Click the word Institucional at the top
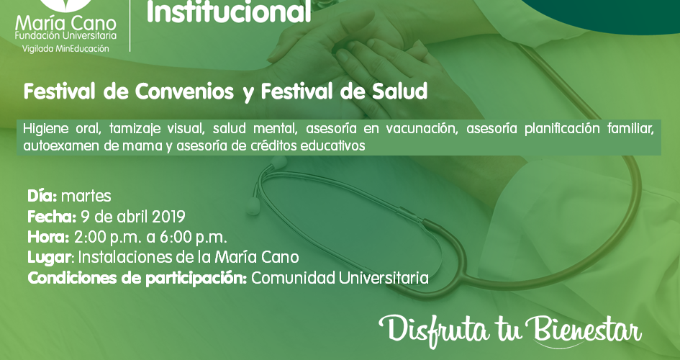point(229,12)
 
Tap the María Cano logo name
point(65,24)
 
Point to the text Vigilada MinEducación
point(65,48)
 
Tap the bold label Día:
point(42,196)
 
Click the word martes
point(86,197)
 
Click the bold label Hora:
point(48,238)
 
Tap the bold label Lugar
point(49,258)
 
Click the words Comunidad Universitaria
point(340,278)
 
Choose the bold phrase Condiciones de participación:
point(137,279)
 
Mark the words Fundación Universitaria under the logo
point(65,36)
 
